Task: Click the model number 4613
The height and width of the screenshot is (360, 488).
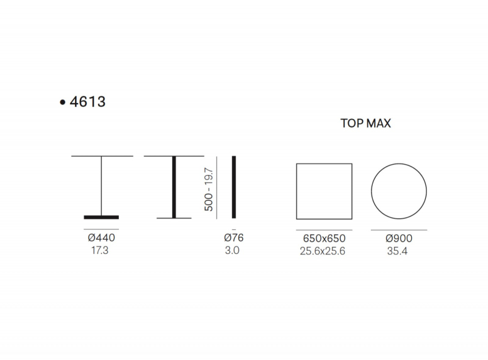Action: coord(88,102)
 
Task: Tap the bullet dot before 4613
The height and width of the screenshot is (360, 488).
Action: coord(63,102)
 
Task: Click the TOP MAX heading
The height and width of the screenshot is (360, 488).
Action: coord(365,123)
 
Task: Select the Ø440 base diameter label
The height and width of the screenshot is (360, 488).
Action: coord(101,237)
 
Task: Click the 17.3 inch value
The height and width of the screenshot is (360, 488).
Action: coord(100,250)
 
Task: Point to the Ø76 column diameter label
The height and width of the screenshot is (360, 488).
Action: coord(234,237)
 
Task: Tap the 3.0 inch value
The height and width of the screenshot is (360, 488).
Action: coord(232,250)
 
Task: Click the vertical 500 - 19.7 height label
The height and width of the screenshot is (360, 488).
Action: coord(209,189)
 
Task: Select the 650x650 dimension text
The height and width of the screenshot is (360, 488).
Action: coord(325,239)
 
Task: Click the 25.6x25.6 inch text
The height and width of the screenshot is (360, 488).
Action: coord(323,251)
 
